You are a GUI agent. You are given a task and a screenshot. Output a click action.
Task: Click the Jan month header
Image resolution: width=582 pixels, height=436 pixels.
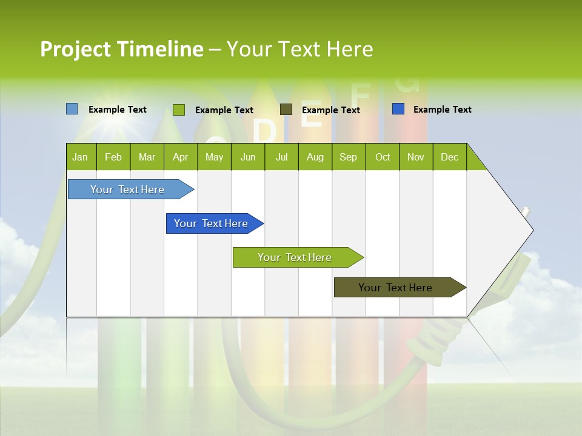click(81, 157)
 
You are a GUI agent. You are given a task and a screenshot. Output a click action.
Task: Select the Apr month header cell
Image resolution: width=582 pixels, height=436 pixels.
click(181, 157)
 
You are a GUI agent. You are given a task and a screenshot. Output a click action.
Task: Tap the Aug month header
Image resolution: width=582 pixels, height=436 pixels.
click(315, 157)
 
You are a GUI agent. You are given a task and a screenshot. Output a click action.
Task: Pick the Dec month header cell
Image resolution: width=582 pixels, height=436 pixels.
click(449, 157)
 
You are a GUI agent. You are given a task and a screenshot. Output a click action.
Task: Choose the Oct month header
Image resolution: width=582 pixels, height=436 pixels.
click(382, 157)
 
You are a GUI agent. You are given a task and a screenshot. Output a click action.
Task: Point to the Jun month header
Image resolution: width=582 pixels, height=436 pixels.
click(248, 157)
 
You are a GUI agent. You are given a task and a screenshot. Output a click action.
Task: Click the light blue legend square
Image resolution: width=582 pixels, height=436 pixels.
click(72, 109)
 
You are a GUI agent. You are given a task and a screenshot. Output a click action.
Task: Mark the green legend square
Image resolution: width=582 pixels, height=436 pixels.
click(178, 110)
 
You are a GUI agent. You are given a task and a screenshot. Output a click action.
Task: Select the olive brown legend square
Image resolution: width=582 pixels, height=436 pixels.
click(286, 110)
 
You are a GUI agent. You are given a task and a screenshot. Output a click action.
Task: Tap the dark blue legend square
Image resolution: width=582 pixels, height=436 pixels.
click(398, 109)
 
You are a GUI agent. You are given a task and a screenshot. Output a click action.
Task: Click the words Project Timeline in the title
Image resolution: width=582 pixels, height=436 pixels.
click(121, 49)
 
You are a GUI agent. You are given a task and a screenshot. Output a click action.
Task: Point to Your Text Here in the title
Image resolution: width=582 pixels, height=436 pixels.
click(299, 49)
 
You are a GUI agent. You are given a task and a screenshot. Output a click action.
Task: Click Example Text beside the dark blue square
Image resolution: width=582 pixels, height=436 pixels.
click(442, 110)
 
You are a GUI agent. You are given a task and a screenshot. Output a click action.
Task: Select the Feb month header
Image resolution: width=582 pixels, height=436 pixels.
click(113, 157)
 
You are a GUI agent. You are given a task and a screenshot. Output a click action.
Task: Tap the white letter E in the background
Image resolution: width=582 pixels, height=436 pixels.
click(312, 115)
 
